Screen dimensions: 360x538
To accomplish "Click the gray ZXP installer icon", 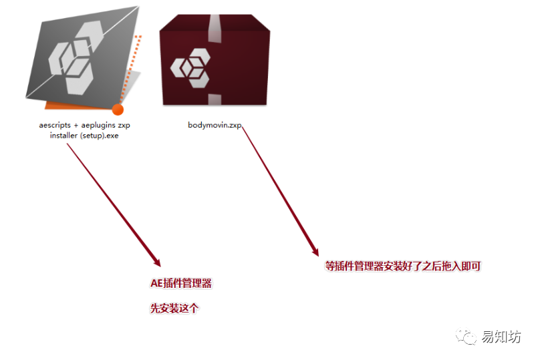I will [x=80, y=57].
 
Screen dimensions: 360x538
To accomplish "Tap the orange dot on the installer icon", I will [x=118, y=110].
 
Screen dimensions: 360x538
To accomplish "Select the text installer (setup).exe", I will [x=84, y=134].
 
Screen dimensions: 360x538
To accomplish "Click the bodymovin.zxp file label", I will [x=214, y=125].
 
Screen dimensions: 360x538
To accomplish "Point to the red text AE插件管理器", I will [x=181, y=283].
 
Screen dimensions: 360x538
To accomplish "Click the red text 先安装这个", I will [x=174, y=309].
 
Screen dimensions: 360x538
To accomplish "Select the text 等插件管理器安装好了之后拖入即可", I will [x=403, y=266].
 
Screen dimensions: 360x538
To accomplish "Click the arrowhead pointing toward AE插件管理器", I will [x=156, y=260].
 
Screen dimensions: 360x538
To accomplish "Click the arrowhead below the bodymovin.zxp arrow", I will [x=315, y=252].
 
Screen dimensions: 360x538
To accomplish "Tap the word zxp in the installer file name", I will [x=123, y=125].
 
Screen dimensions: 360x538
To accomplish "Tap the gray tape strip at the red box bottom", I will [x=215, y=100].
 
